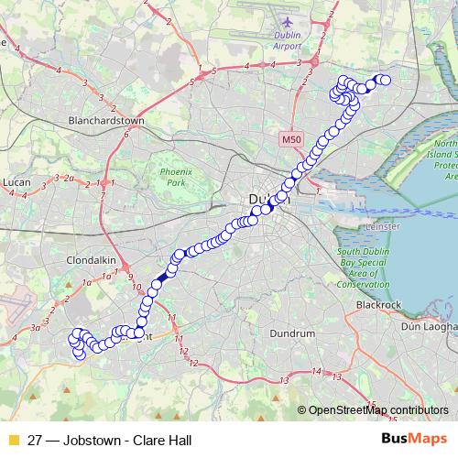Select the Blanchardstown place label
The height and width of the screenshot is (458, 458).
pos(107,120)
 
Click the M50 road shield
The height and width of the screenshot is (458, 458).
pos(290,139)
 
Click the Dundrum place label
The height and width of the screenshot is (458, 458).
pos(294,334)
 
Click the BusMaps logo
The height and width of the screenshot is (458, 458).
pos(414,440)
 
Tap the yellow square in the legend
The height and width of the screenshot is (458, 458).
pos(13,441)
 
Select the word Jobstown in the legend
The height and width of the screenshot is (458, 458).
pos(91,441)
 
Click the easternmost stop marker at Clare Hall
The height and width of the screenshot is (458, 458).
pos(386,81)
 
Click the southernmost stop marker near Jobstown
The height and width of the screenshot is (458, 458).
pos(80,354)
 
